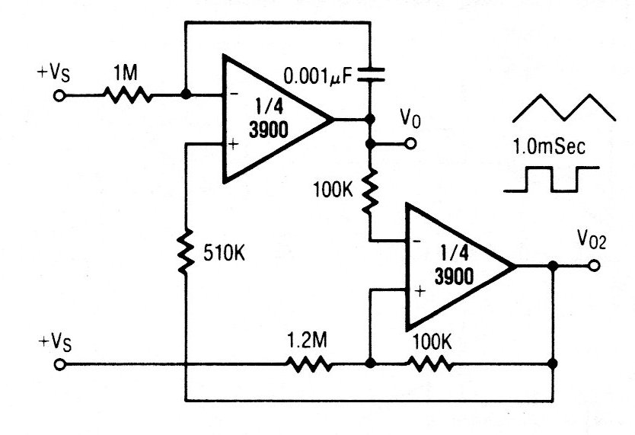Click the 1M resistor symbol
(127, 96)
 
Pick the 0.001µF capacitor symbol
(369, 74)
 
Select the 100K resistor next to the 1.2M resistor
(432, 365)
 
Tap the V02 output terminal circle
(594, 266)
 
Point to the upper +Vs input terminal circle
(60, 96)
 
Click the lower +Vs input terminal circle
(60, 365)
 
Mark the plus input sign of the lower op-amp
(418, 290)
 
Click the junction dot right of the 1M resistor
(186, 96)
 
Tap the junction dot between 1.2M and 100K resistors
(369, 365)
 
